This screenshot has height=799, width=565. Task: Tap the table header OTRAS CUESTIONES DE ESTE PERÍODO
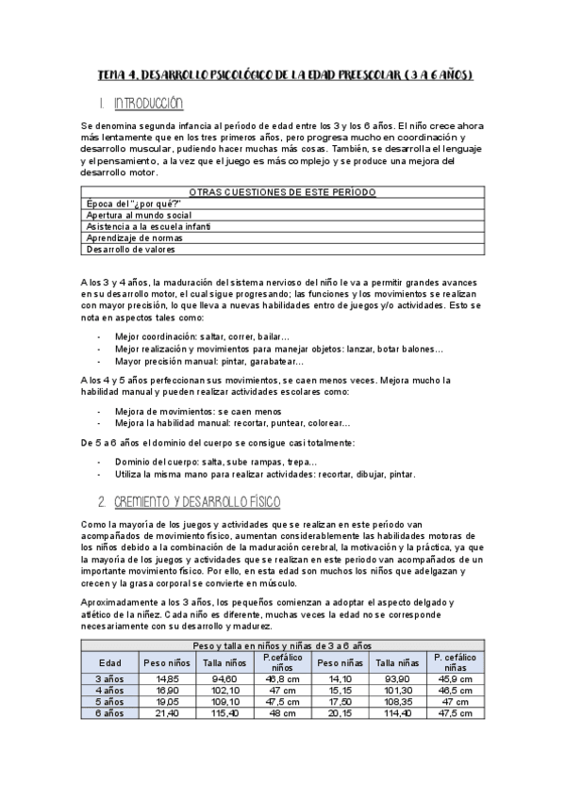pyautogui.click(x=282, y=192)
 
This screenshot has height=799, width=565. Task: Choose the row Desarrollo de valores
pyautogui.click(x=131, y=250)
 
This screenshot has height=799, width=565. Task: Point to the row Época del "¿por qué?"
pyautogui.click(x=133, y=204)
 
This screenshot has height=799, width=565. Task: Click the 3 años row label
pyautogui.click(x=110, y=678)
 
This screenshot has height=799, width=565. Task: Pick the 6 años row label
pyautogui.click(x=110, y=713)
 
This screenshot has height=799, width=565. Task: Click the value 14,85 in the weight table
pyautogui.click(x=167, y=678)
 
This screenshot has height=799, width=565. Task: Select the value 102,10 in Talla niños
pyautogui.click(x=223, y=690)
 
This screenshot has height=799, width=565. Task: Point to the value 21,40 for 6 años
pyautogui.click(x=167, y=713)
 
